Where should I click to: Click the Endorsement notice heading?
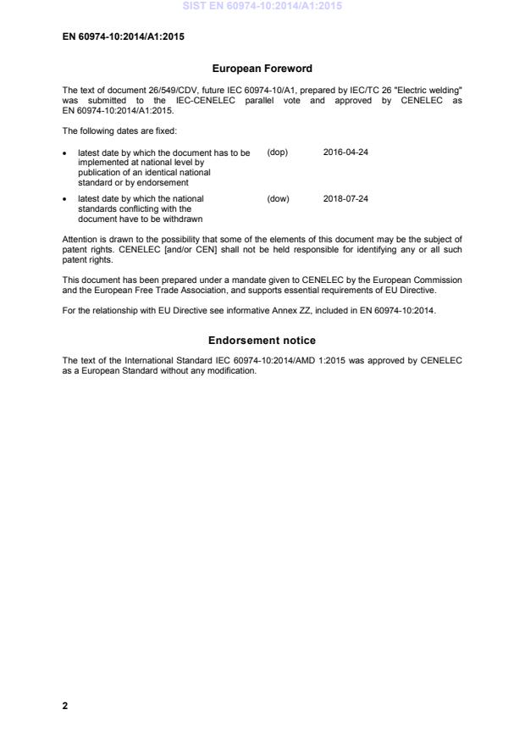click(262, 341)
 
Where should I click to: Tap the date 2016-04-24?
click(345, 152)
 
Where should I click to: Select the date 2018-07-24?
click(345, 199)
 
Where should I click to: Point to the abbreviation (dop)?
click(278, 152)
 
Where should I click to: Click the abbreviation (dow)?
click(278, 199)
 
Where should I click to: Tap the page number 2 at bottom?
click(65, 705)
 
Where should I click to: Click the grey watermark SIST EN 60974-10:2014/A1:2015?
click(262, 7)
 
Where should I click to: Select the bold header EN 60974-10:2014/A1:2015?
click(124, 37)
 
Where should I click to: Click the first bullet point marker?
click(65, 153)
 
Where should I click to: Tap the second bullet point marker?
click(65, 200)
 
